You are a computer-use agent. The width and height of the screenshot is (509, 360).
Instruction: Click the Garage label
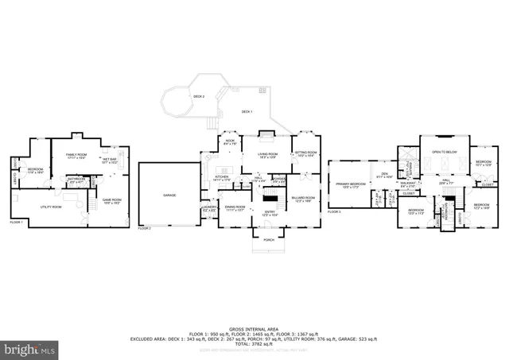169,195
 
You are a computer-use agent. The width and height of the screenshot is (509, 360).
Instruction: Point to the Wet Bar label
108,161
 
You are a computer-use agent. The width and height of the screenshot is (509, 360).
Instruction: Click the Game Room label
111,202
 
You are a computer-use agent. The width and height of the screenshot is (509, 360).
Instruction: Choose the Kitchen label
223,179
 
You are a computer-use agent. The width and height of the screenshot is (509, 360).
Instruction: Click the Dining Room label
235,209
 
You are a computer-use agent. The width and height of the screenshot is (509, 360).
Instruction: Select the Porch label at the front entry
268,239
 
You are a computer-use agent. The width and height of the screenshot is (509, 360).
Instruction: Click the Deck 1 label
247,111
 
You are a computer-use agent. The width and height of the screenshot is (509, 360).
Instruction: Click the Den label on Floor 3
384,173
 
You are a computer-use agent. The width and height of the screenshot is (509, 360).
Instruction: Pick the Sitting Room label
306,153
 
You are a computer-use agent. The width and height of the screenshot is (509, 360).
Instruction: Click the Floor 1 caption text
16,223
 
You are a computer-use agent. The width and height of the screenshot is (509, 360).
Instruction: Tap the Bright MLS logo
29,348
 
